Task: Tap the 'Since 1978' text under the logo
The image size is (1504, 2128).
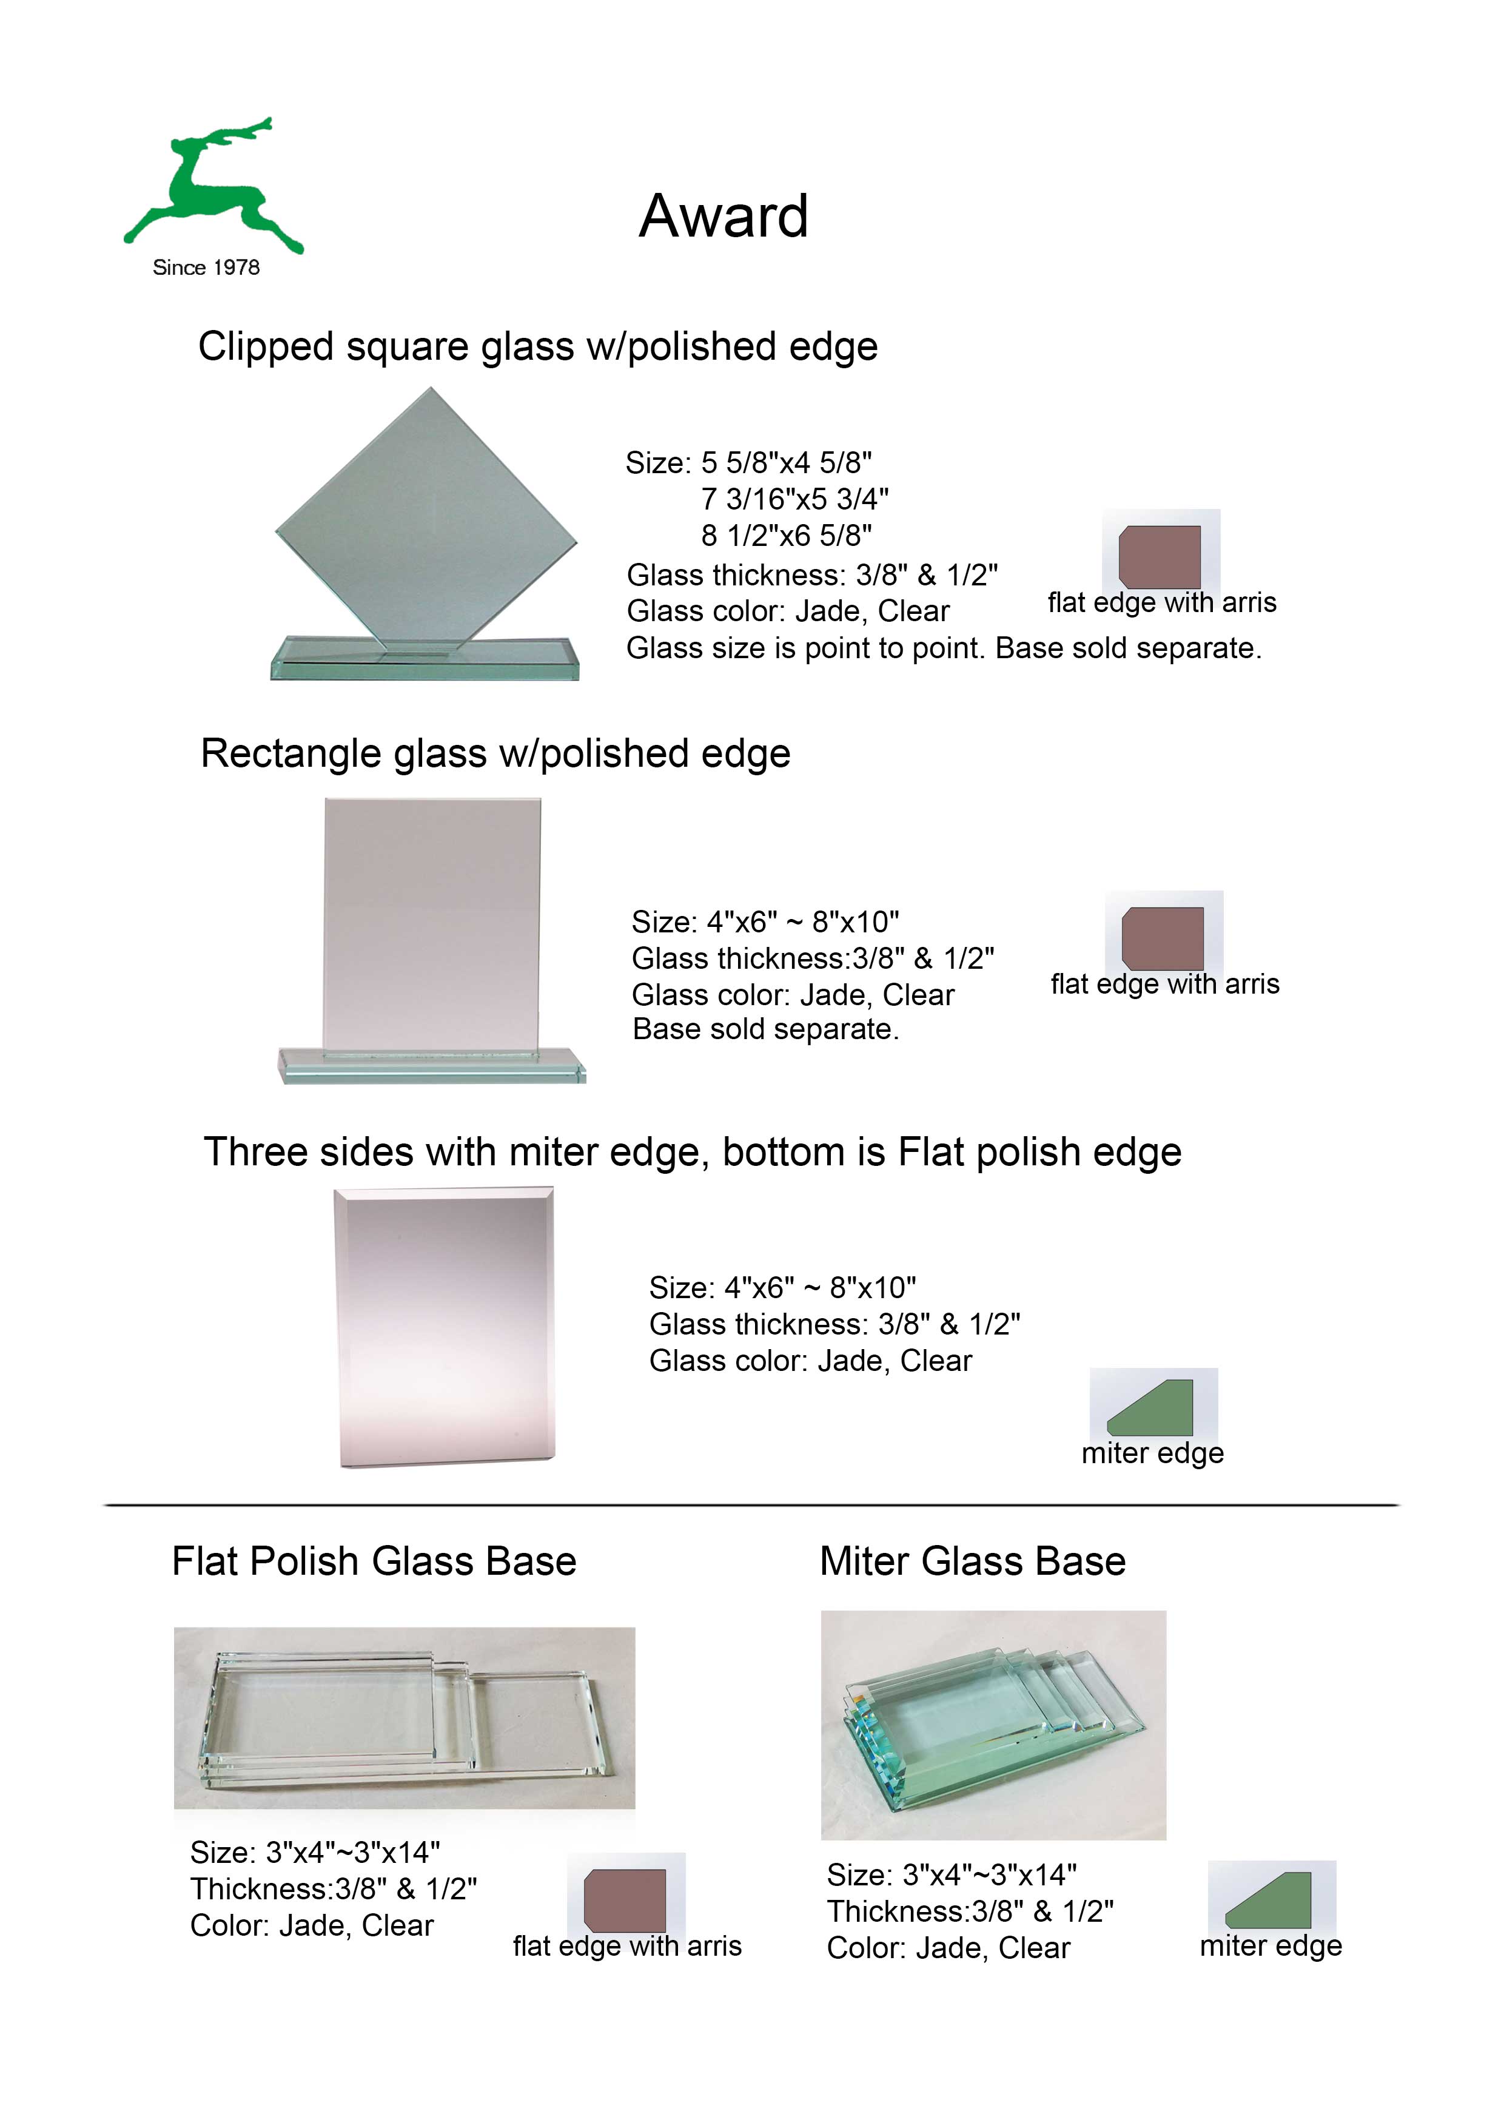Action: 206,268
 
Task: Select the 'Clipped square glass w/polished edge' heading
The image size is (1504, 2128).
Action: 537,346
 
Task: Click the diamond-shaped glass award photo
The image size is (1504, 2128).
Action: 425,533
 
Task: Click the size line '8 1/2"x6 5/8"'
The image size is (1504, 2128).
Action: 787,535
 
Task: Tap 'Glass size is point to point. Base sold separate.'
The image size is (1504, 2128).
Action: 944,648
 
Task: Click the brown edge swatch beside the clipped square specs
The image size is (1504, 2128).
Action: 1160,556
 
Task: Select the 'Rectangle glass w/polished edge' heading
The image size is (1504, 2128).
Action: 495,753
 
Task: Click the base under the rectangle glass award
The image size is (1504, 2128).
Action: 432,1065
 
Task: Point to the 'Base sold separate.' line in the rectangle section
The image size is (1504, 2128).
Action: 765,1029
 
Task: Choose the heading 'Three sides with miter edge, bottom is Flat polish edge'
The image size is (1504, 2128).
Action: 692,1152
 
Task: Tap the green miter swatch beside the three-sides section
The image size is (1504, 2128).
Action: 1150,1408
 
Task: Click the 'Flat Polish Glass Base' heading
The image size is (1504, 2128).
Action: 374,1561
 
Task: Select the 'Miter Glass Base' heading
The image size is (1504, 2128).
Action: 973,1561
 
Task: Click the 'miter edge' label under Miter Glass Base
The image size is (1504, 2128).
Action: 1271,1947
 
